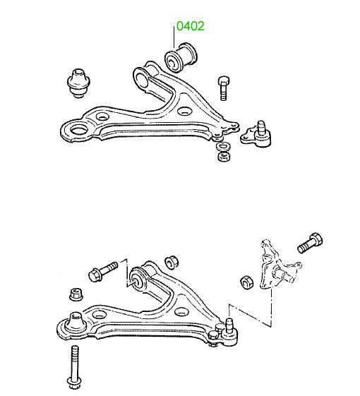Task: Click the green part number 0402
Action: tap(190, 26)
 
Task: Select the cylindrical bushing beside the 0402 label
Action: tap(181, 58)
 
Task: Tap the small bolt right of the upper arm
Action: tap(223, 88)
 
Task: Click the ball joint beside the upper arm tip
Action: tap(256, 135)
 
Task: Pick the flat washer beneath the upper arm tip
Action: tap(223, 147)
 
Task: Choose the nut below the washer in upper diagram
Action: tap(224, 156)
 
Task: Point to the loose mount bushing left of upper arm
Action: tap(78, 83)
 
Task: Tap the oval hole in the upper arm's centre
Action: tap(184, 111)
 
